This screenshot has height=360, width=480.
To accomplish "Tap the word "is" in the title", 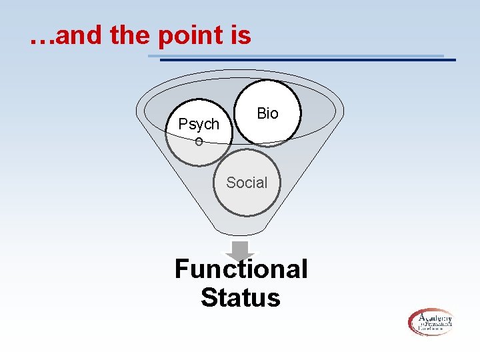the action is click(240, 35).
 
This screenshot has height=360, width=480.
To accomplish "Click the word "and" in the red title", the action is click(81, 35).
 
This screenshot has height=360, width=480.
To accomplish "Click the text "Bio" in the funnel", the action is click(267, 113).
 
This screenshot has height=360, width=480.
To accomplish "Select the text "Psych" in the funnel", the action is click(199, 125).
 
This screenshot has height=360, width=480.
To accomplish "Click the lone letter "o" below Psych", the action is click(199, 141).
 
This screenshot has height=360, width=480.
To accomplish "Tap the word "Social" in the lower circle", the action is click(247, 183).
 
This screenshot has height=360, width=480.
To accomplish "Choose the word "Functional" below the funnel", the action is click(241, 269).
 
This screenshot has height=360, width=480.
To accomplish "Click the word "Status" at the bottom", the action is click(241, 297).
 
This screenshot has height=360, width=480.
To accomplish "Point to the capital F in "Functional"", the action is click(182, 269).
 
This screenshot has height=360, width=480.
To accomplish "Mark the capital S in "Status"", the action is click(209, 297).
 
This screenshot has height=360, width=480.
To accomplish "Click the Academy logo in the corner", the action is click(431, 322).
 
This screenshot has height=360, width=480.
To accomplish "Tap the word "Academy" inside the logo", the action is click(436, 317).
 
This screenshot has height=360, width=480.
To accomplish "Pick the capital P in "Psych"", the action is click(183, 124).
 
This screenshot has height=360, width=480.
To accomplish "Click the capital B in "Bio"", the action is click(261, 113).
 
